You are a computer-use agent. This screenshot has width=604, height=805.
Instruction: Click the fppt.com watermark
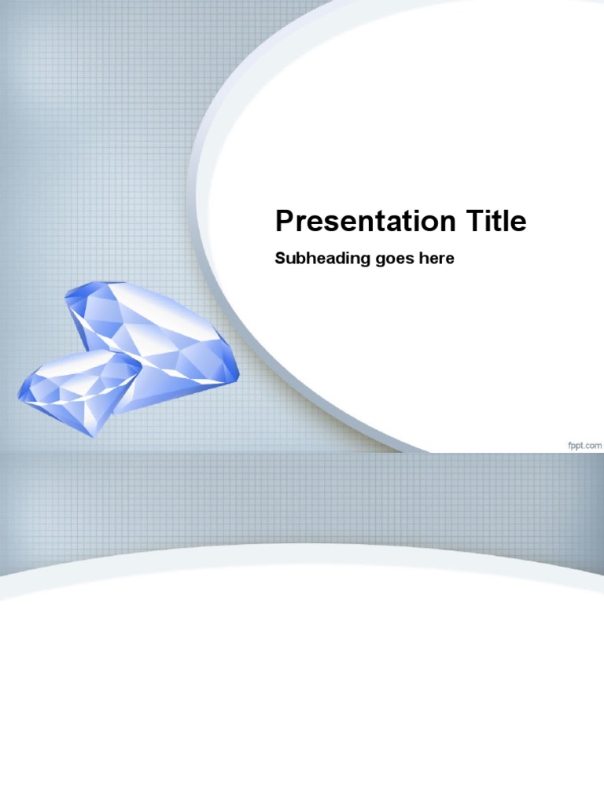[584, 445]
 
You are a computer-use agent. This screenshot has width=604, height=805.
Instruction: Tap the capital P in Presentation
[284, 222]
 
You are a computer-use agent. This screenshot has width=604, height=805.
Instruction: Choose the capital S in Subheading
[279, 259]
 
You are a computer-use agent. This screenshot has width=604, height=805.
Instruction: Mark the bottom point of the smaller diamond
[94, 435]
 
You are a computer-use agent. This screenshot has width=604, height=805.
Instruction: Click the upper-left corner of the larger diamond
[68, 292]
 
